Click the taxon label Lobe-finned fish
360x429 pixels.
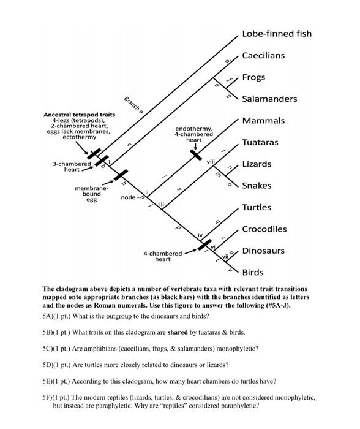pyautogui.click(x=285, y=33)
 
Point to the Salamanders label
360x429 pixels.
pyautogui.click(x=269, y=99)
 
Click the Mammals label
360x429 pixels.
pyautogui.click(x=263, y=121)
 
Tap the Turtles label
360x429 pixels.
pyautogui.click(x=257, y=207)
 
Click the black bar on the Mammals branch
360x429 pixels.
pyautogui.click(x=196, y=154)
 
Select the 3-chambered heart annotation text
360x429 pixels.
pyautogui.click(x=72, y=166)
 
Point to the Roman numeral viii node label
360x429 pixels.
pyautogui.click(x=211, y=161)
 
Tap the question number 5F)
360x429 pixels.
pyautogui.click(x=50, y=397)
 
